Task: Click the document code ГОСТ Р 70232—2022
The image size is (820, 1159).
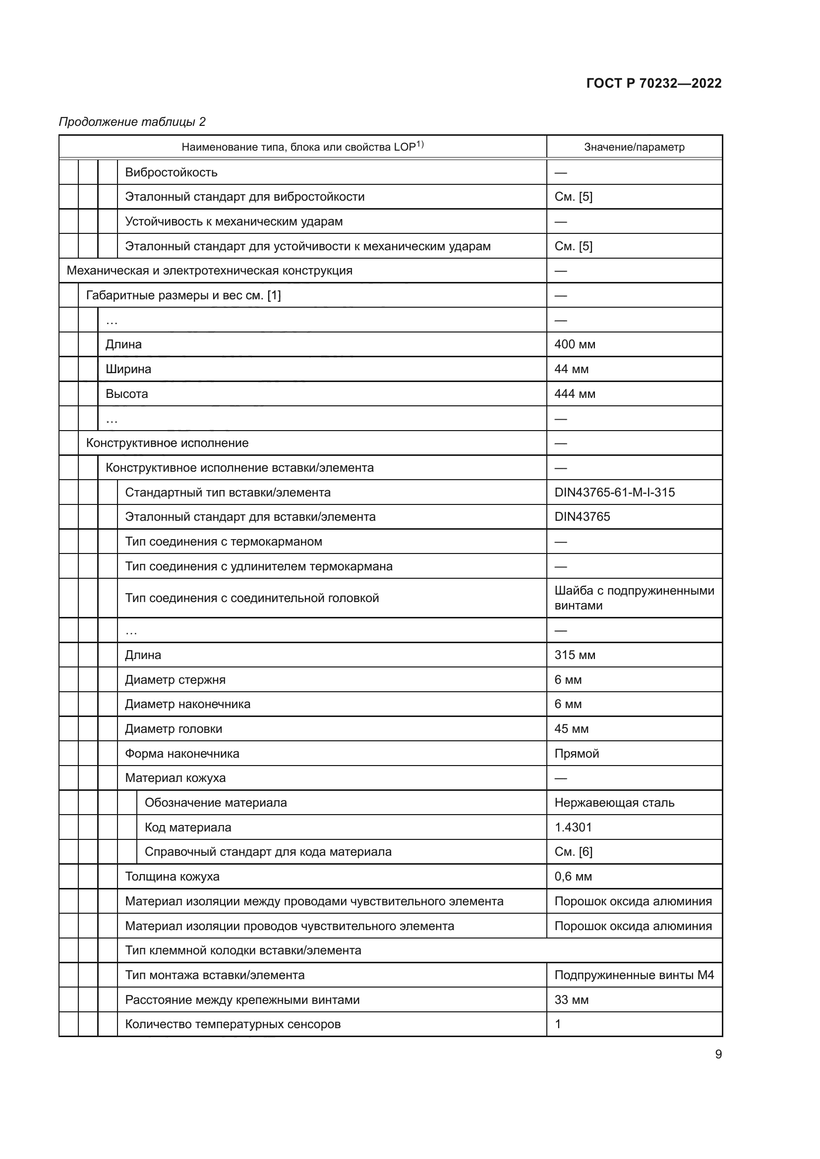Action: pyautogui.click(x=654, y=83)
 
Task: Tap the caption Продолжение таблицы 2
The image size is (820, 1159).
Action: pyautogui.click(x=132, y=122)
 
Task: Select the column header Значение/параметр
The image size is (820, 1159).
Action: pyautogui.click(x=634, y=147)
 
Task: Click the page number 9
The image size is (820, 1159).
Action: pyautogui.click(x=718, y=1054)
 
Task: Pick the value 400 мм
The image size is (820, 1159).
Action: pyautogui.click(x=575, y=344)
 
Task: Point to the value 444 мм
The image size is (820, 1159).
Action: pyautogui.click(x=575, y=394)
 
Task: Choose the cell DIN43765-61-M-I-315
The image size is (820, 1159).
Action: pyautogui.click(x=614, y=492)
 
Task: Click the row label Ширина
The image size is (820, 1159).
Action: pyautogui.click(x=128, y=369)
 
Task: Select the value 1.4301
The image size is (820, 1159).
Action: pyautogui.click(x=573, y=828)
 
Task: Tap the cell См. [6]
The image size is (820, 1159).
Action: pyautogui.click(x=573, y=852)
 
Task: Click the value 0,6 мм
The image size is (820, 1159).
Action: pyautogui.click(x=573, y=877)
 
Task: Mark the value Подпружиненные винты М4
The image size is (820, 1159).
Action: pyautogui.click(x=634, y=975)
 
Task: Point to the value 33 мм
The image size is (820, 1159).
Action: pyautogui.click(x=571, y=999)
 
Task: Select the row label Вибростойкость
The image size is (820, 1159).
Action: pyautogui.click(x=171, y=172)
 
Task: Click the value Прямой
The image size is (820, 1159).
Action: pyautogui.click(x=577, y=753)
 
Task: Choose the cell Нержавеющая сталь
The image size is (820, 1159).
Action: pyautogui.click(x=614, y=803)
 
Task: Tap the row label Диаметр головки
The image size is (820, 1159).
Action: pyautogui.click(x=173, y=729)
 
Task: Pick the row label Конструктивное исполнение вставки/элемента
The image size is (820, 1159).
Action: pyautogui.click(x=239, y=468)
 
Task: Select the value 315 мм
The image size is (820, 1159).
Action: pyautogui.click(x=575, y=655)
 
